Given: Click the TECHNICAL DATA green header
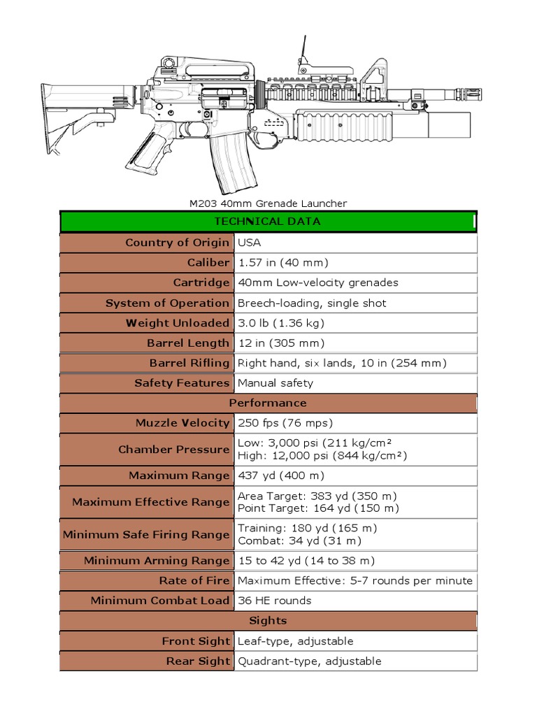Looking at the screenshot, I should [268, 222].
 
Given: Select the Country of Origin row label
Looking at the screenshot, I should [177, 243].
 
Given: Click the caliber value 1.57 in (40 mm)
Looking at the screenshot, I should [282, 263].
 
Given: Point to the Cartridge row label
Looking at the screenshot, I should [201, 282].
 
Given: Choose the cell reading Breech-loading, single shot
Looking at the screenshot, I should [312, 303].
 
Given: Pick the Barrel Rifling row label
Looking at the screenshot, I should [189, 363].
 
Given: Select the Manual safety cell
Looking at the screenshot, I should [275, 383].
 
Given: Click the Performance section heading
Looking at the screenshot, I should [268, 403].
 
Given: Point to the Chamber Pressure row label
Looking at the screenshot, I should [173, 450].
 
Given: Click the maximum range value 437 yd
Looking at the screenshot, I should [281, 475].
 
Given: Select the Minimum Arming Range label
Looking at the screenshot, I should [157, 561].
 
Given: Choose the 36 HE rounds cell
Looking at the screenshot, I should [275, 601].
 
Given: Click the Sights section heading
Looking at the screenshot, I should [268, 621].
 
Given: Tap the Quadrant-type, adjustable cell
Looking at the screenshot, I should [310, 661].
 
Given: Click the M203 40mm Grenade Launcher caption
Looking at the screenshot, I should [268, 203].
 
